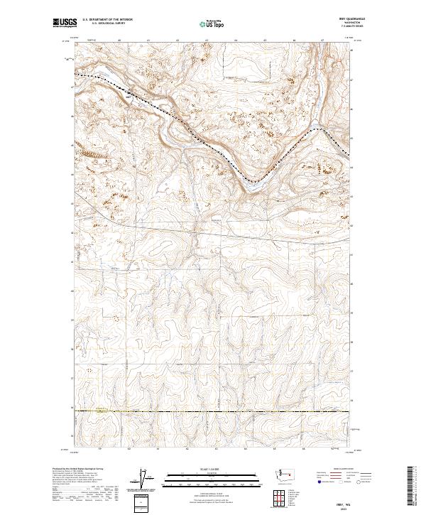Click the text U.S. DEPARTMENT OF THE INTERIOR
click(x=107, y=21)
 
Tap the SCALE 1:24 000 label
click(x=213, y=468)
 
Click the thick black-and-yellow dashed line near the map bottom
click(x=213, y=411)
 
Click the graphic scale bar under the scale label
click(x=213, y=476)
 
